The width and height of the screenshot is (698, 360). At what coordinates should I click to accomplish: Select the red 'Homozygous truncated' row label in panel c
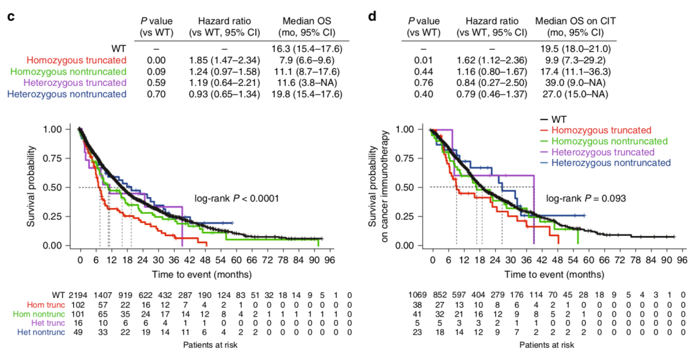pos(72,59)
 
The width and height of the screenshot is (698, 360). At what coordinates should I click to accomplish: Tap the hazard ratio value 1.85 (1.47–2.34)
pos(223,59)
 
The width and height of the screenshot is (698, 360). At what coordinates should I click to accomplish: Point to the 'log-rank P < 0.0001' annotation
pos(237,199)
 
